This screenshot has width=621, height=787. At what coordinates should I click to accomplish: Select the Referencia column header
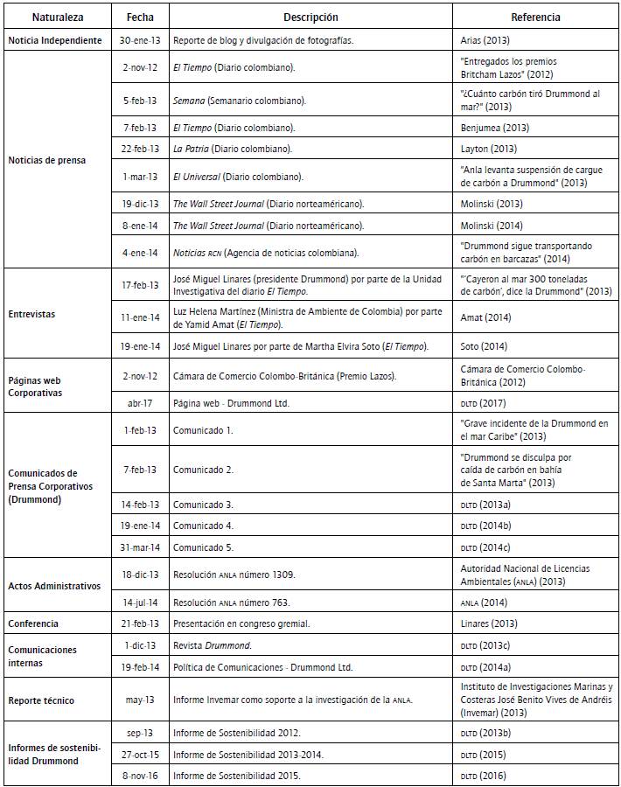click(x=535, y=17)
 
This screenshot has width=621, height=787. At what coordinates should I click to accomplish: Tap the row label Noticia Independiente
click(x=55, y=41)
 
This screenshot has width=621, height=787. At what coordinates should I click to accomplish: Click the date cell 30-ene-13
click(x=140, y=41)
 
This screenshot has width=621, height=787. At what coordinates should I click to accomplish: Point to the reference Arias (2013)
click(x=485, y=41)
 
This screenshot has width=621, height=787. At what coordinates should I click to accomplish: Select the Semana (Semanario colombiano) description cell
click(x=240, y=101)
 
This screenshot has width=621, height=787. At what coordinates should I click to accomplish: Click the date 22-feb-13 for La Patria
click(x=140, y=150)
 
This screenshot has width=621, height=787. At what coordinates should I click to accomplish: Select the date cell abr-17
click(x=140, y=403)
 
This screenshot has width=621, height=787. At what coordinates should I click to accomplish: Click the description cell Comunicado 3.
click(x=203, y=505)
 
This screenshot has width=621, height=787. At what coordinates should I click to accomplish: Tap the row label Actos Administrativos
click(x=54, y=586)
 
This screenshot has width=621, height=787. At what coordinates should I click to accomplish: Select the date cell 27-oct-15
click(x=140, y=755)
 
